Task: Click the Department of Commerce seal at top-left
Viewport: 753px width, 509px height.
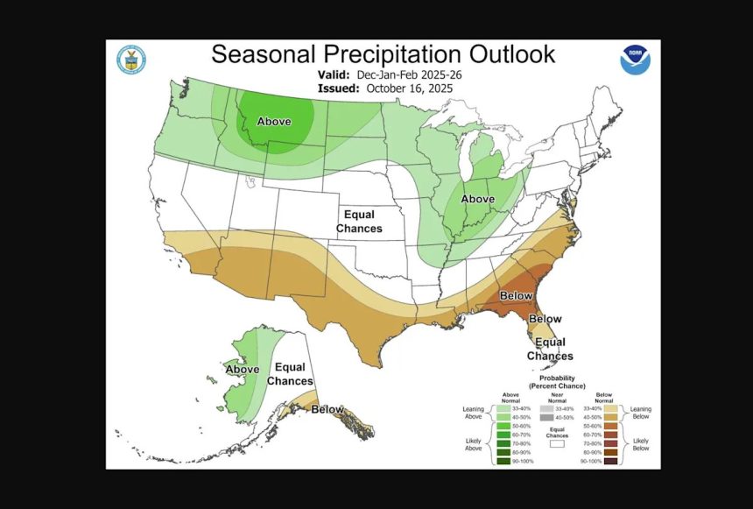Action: click(x=131, y=60)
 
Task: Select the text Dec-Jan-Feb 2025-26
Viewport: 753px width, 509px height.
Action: click(x=409, y=74)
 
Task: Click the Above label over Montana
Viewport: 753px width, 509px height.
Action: click(x=274, y=122)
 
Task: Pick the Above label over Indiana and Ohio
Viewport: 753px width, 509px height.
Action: click(x=479, y=199)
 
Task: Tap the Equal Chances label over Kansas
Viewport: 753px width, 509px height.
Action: click(x=359, y=222)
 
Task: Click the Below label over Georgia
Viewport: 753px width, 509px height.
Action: click(x=516, y=296)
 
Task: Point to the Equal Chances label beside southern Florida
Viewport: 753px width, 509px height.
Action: click(x=550, y=349)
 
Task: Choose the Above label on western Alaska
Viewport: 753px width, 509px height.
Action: click(x=243, y=370)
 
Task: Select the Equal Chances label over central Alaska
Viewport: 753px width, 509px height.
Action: click(x=290, y=374)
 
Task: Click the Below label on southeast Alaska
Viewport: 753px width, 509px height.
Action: click(x=327, y=409)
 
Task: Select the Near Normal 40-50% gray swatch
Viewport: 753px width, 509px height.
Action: click(x=545, y=420)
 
